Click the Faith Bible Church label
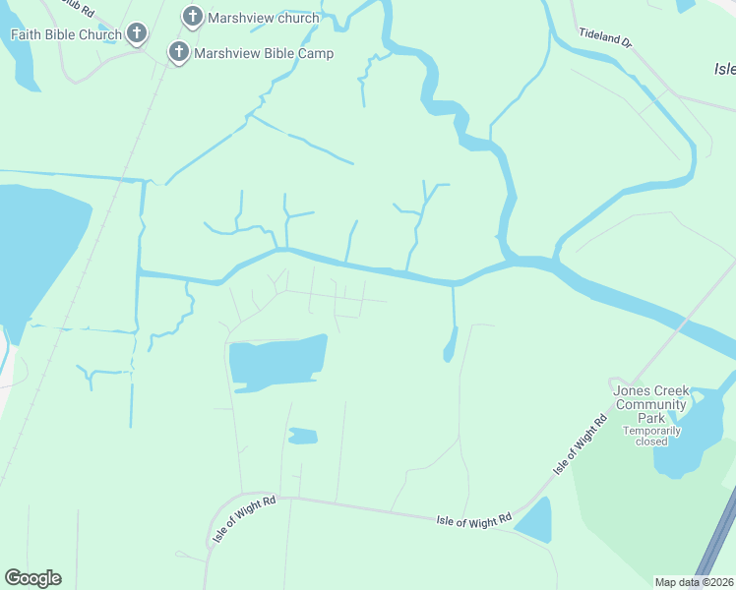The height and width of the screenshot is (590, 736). pyautogui.click(x=65, y=34)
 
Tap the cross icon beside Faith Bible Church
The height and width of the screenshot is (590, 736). pyautogui.click(x=137, y=34)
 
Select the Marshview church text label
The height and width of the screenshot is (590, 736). pyautogui.click(x=265, y=18)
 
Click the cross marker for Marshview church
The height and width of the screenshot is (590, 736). pyautogui.click(x=193, y=17)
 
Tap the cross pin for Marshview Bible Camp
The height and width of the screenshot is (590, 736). pyautogui.click(x=179, y=52)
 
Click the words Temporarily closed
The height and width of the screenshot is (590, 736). pyautogui.click(x=650, y=436)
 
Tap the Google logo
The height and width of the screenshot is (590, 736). pyautogui.click(x=32, y=578)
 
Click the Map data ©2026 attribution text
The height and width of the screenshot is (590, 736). pyautogui.click(x=695, y=582)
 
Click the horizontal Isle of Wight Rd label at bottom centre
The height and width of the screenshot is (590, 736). pyautogui.click(x=474, y=518)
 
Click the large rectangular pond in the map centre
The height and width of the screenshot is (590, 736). pyautogui.click(x=276, y=362)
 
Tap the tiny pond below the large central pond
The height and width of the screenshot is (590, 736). pyautogui.click(x=303, y=436)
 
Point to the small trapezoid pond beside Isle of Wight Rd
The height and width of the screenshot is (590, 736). pyautogui.click(x=534, y=521)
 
